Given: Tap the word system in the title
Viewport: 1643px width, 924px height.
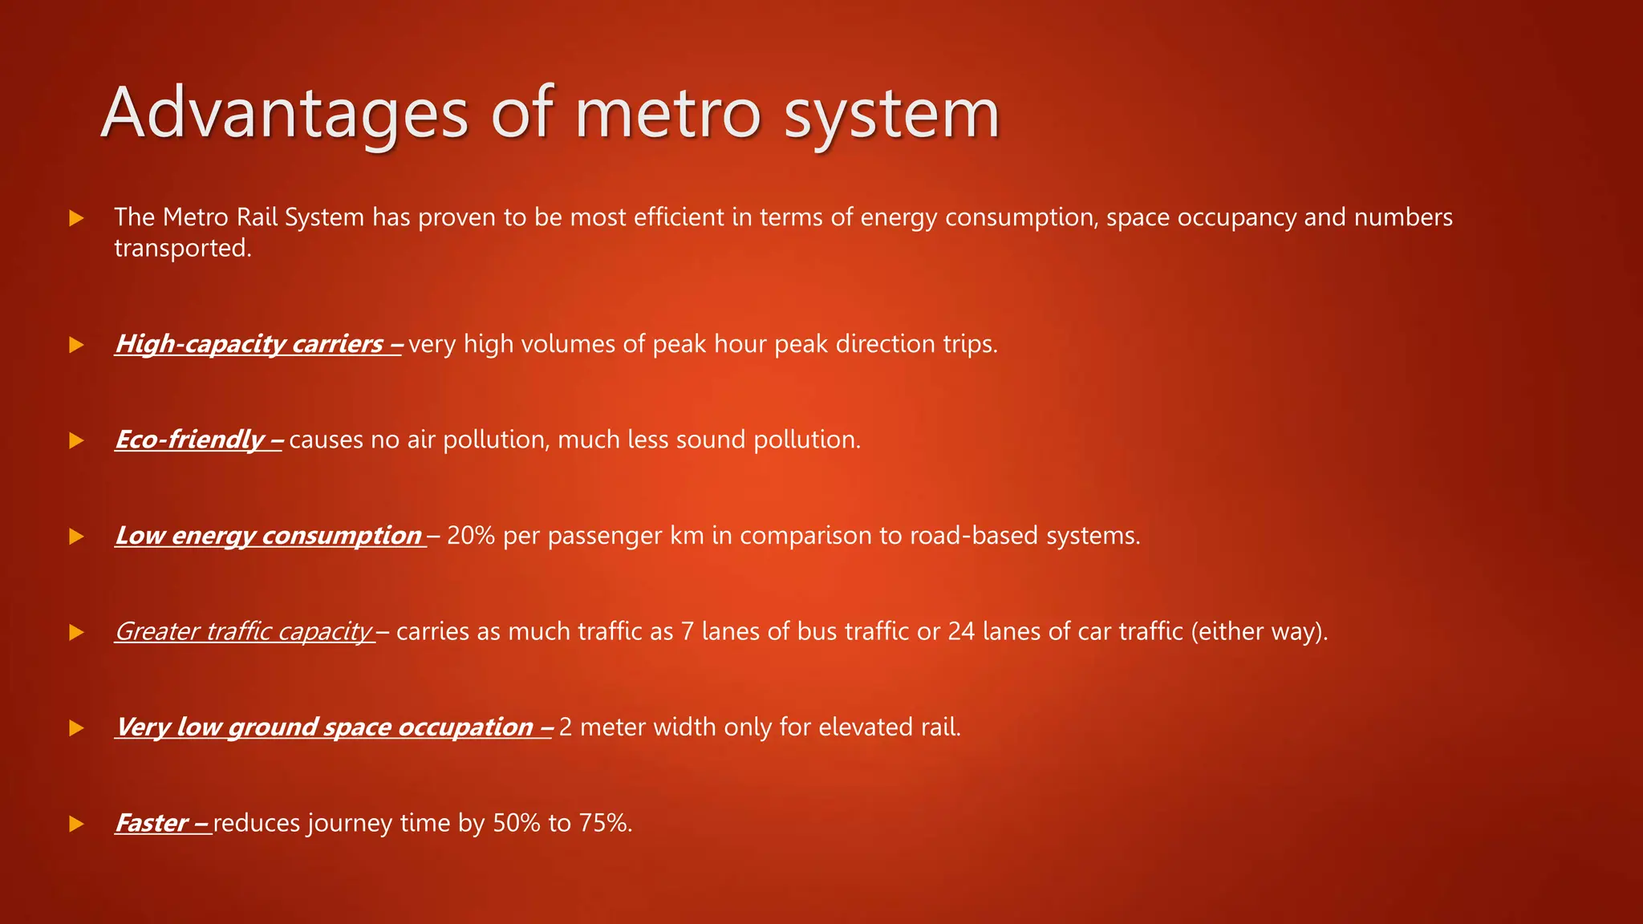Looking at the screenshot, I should point(891,114).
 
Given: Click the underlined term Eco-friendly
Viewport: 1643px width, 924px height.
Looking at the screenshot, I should point(190,440).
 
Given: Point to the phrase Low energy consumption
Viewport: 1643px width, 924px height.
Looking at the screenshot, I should point(269,536).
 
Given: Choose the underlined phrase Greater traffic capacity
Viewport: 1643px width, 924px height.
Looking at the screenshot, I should point(244,632).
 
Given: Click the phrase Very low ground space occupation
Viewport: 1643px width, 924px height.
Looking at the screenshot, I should point(325,727).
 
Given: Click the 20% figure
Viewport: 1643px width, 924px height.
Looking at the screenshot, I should point(470,536).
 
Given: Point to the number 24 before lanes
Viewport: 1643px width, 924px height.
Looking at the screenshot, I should point(961,632).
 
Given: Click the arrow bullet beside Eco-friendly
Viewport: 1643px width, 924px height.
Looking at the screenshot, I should point(76,440).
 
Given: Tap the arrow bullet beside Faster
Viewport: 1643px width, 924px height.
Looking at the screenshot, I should point(76,824).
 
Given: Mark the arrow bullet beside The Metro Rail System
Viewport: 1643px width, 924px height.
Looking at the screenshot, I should point(76,217).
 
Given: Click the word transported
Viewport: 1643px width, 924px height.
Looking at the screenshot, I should point(182,249).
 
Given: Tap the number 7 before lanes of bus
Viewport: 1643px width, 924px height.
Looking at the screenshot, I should point(688,632).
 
